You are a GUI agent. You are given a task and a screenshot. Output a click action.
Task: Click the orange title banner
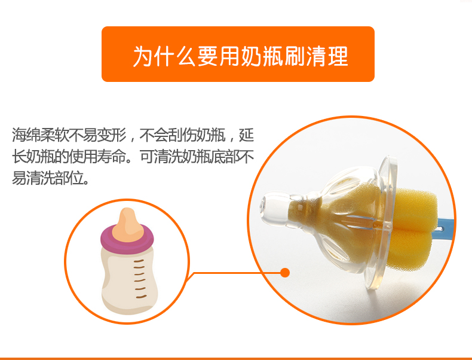(x=238, y=54)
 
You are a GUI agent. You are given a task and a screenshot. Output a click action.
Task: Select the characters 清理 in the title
(x=327, y=56)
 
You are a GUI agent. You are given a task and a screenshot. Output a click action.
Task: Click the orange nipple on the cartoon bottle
(x=128, y=225)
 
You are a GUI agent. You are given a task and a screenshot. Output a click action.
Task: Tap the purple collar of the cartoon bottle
(x=127, y=239)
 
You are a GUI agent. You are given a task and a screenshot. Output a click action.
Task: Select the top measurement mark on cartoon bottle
(x=139, y=261)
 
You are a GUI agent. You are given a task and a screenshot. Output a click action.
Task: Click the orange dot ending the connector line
(x=285, y=273)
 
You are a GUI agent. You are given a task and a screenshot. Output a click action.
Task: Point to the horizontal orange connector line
(x=237, y=273)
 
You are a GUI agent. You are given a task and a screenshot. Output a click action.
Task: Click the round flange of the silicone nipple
(x=381, y=223)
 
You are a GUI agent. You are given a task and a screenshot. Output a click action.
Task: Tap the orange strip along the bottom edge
(x=236, y=358)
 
